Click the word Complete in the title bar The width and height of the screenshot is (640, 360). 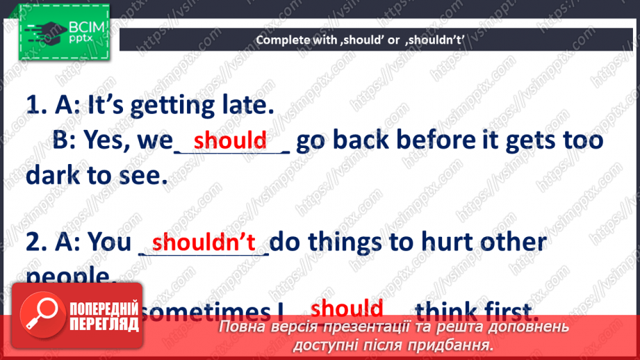282,40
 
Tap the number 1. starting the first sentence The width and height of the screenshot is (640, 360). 37,106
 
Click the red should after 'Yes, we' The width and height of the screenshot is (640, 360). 230,140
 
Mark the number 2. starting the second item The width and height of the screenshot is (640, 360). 37,243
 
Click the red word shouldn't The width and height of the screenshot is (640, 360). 204,242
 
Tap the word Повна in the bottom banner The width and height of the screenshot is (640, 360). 243,327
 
